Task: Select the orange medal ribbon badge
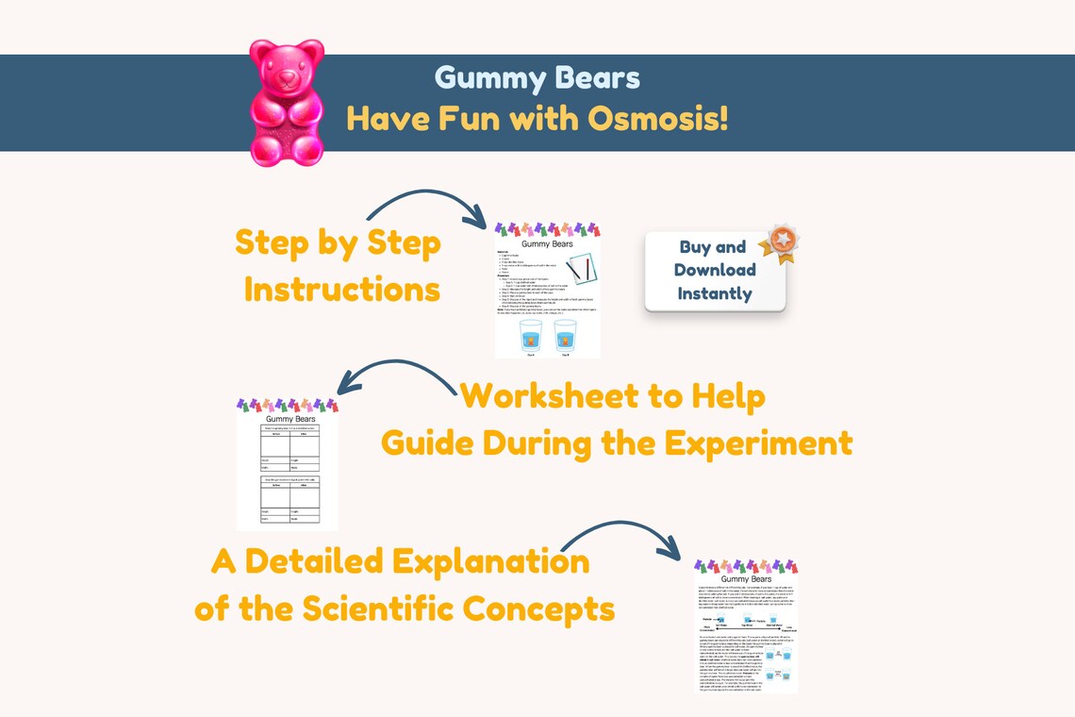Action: pyautogui.click(x=779, y=242)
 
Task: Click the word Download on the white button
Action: pyautogui.click(x=715, y=270)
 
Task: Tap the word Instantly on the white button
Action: pyautogui.click(x=715, y=293)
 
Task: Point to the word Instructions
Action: pyautogui.click(x=342, y=289)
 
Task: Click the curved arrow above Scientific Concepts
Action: pyautogui.click(x=622, y=534)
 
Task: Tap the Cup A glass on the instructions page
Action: pyautogui.click(x=531, y=337)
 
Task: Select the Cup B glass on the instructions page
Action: pyautogui.click(x=565, y=337)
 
